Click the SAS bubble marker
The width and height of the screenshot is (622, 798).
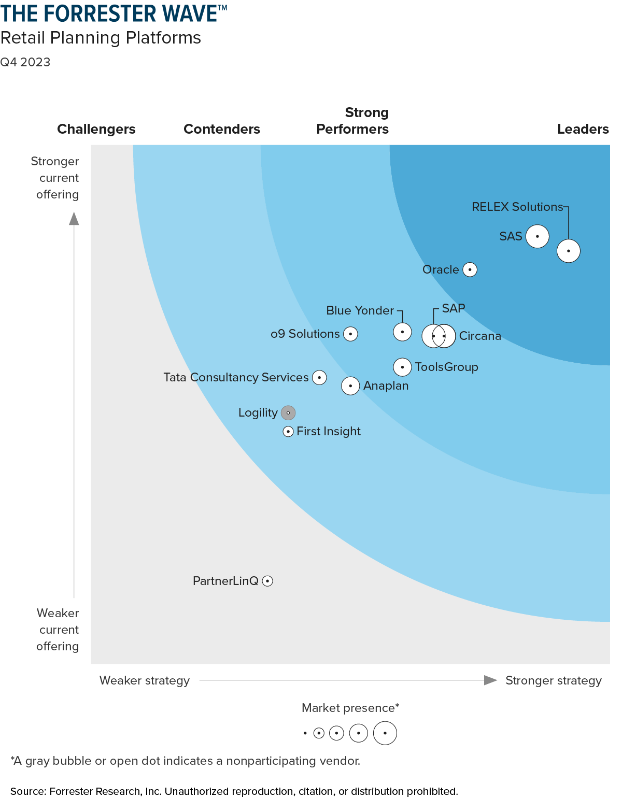pyautogui.click(x=537, y=236)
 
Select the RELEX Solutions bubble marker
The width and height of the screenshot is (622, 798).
pyautogui.click(x=568, y=251)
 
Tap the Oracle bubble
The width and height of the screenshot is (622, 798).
pyautogui.click(x=470, y=269)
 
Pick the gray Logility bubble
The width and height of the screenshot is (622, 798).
pyautogui.click(x=288, y=413)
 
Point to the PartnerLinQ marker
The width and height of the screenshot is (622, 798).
pyautogui.click(x=267, y=581)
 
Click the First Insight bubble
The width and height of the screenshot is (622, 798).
pyautogui.click(x=288, y=431)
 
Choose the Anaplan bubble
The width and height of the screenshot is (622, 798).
pyautogui.click(x=350, y=386)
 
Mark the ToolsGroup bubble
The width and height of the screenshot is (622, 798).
pyautogui.click(x=402, y=367)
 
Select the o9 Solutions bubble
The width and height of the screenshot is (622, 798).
pyautogui.click(x=350, y=334)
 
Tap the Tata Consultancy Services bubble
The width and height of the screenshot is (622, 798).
pyautogui.click(x=319, y=377)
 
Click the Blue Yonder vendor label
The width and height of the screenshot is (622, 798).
pyautogui.click(x=360, y=310)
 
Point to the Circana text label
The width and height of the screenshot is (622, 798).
pyautogui.click(x=480, y=336)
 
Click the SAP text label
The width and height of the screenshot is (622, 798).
pyautogui.click(x=454, y=308)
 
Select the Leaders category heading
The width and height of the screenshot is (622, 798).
pyautogui.click(x=583, y=129)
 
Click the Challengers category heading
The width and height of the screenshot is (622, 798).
pyautogui.click(x=96, y=129)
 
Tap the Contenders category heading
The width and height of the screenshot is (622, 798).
pyautogui.click(x=222, y=129)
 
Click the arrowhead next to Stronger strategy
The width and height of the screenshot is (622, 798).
pyautogui.click(x=490, y=680)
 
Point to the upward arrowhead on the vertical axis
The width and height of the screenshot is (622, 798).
pyautogui.click(x=74, y=219)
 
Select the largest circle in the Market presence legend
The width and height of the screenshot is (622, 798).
pyautogui.click(x=385, y=733)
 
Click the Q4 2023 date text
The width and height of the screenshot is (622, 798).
pyautogui.click(x=25, y=62)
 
